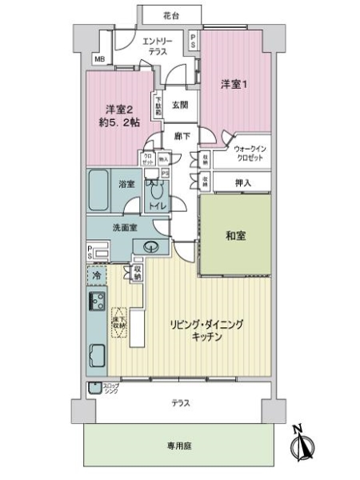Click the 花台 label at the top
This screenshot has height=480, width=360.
pyautogui.click(x=167, y=14)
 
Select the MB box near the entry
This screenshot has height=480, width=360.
pyautogui.click(x=99, y=60)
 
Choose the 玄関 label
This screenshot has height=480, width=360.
pyautogui.click(x=179, y=104)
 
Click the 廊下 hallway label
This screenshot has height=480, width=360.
pyautogui.click(x=182, y=137)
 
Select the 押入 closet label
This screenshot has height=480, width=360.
pyautogui.click(x=243, y=183)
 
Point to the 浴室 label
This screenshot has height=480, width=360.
pyautogui.click(x=128, y=185)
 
